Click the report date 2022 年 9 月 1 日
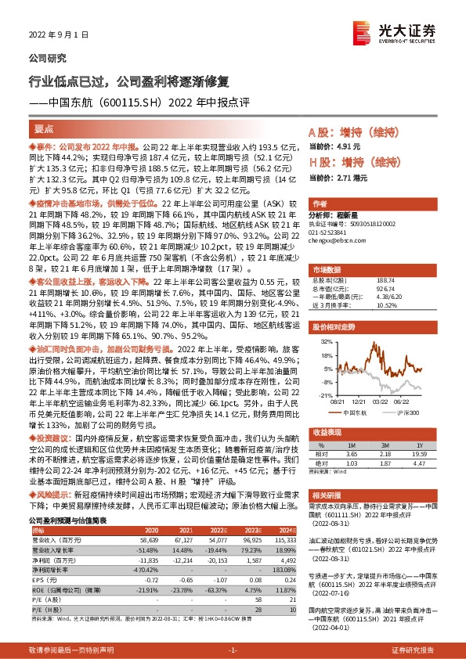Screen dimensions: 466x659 [x=54, y=35]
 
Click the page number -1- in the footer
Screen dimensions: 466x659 [x=232, y=650]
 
